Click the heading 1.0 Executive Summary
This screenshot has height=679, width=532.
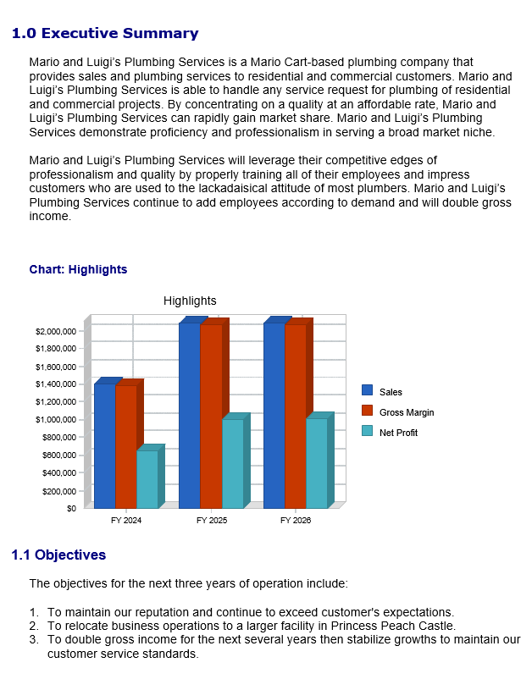105,34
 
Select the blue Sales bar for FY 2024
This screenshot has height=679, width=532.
104,444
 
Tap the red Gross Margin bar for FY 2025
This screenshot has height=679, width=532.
211,415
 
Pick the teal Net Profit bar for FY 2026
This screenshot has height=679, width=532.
316,463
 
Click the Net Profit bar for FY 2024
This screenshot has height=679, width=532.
147,478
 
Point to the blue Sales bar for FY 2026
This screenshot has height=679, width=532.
274,415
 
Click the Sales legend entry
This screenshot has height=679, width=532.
391,392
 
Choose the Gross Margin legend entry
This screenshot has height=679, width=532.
407,412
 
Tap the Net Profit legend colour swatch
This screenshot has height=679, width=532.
368,432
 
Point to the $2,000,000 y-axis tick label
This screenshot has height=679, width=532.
57,331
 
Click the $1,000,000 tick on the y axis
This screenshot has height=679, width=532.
57,420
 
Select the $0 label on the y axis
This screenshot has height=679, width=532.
70,509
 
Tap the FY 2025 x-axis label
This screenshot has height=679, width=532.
211,521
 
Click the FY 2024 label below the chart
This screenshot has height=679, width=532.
126,521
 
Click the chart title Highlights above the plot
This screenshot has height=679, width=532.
190,301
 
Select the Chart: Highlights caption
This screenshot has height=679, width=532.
78,269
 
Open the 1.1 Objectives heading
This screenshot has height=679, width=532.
58,555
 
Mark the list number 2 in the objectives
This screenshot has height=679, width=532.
34,627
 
